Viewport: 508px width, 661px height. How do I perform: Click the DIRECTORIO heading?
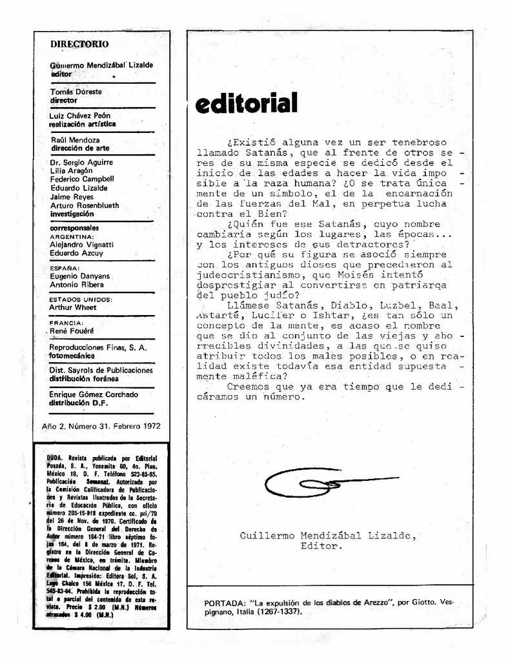point(79,44)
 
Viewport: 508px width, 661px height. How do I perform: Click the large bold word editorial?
point(246,103)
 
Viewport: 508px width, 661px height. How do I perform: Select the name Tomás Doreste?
point(76,92)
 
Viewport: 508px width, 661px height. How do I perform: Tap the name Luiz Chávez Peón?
point(80,116)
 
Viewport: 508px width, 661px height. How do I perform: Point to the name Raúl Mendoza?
point(75,139)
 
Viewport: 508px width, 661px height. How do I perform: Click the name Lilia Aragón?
point(71,170)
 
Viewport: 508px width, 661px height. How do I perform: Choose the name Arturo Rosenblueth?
point(85,205)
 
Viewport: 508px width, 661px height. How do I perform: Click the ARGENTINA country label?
point(72,237)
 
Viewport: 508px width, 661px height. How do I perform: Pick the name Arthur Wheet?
point(73,307)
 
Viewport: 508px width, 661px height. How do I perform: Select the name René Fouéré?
point(72,330)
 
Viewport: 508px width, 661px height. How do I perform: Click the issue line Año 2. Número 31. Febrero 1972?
point(101,426)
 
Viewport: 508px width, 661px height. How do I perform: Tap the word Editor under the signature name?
point(321,546)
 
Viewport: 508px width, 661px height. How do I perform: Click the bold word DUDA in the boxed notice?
point(56,457)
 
